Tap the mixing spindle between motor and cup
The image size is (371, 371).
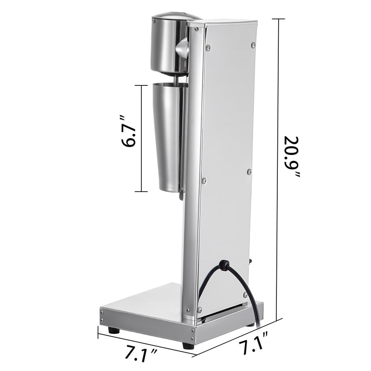(x=178, y=80)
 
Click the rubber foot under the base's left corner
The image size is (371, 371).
(x=113, y=331)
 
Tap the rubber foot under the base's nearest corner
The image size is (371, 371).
(x=187, y=345)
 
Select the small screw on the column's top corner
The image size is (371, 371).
(x=197, y=29)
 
